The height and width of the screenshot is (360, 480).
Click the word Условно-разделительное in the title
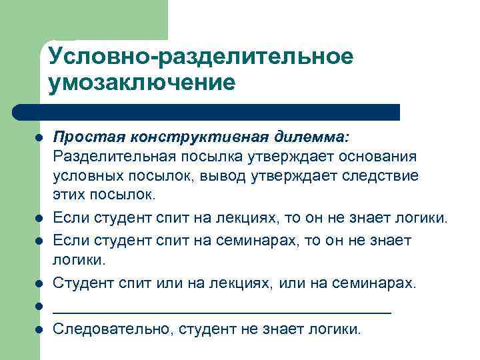click(201, 57)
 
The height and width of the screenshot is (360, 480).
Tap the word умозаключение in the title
click(142, 83)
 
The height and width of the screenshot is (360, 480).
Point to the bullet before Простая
click(39, 137)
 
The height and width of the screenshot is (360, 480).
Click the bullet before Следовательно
click(39, 329)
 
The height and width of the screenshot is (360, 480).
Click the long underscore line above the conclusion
click(222, 311)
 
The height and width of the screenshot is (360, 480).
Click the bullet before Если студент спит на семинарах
click(39, 240)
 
